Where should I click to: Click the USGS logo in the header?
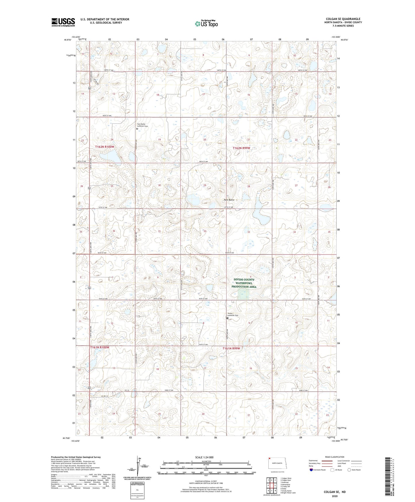click(x=63, y=22)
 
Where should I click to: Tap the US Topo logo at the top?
click(x=206, y=24)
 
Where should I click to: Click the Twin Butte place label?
click(x=229, y=200)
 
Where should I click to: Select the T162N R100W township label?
click(x=105, y=147)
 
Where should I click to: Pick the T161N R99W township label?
click(x=231, y=348)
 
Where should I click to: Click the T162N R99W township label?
click(x=244, y=148)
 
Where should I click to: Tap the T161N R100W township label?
click(x=100, y=347)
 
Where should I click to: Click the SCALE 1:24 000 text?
click(x=204, y=457)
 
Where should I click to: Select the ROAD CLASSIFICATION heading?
click(x=335, y=457)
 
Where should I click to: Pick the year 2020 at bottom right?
click(x=335, y=496)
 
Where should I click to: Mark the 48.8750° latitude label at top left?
click(x=68, y=40)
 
